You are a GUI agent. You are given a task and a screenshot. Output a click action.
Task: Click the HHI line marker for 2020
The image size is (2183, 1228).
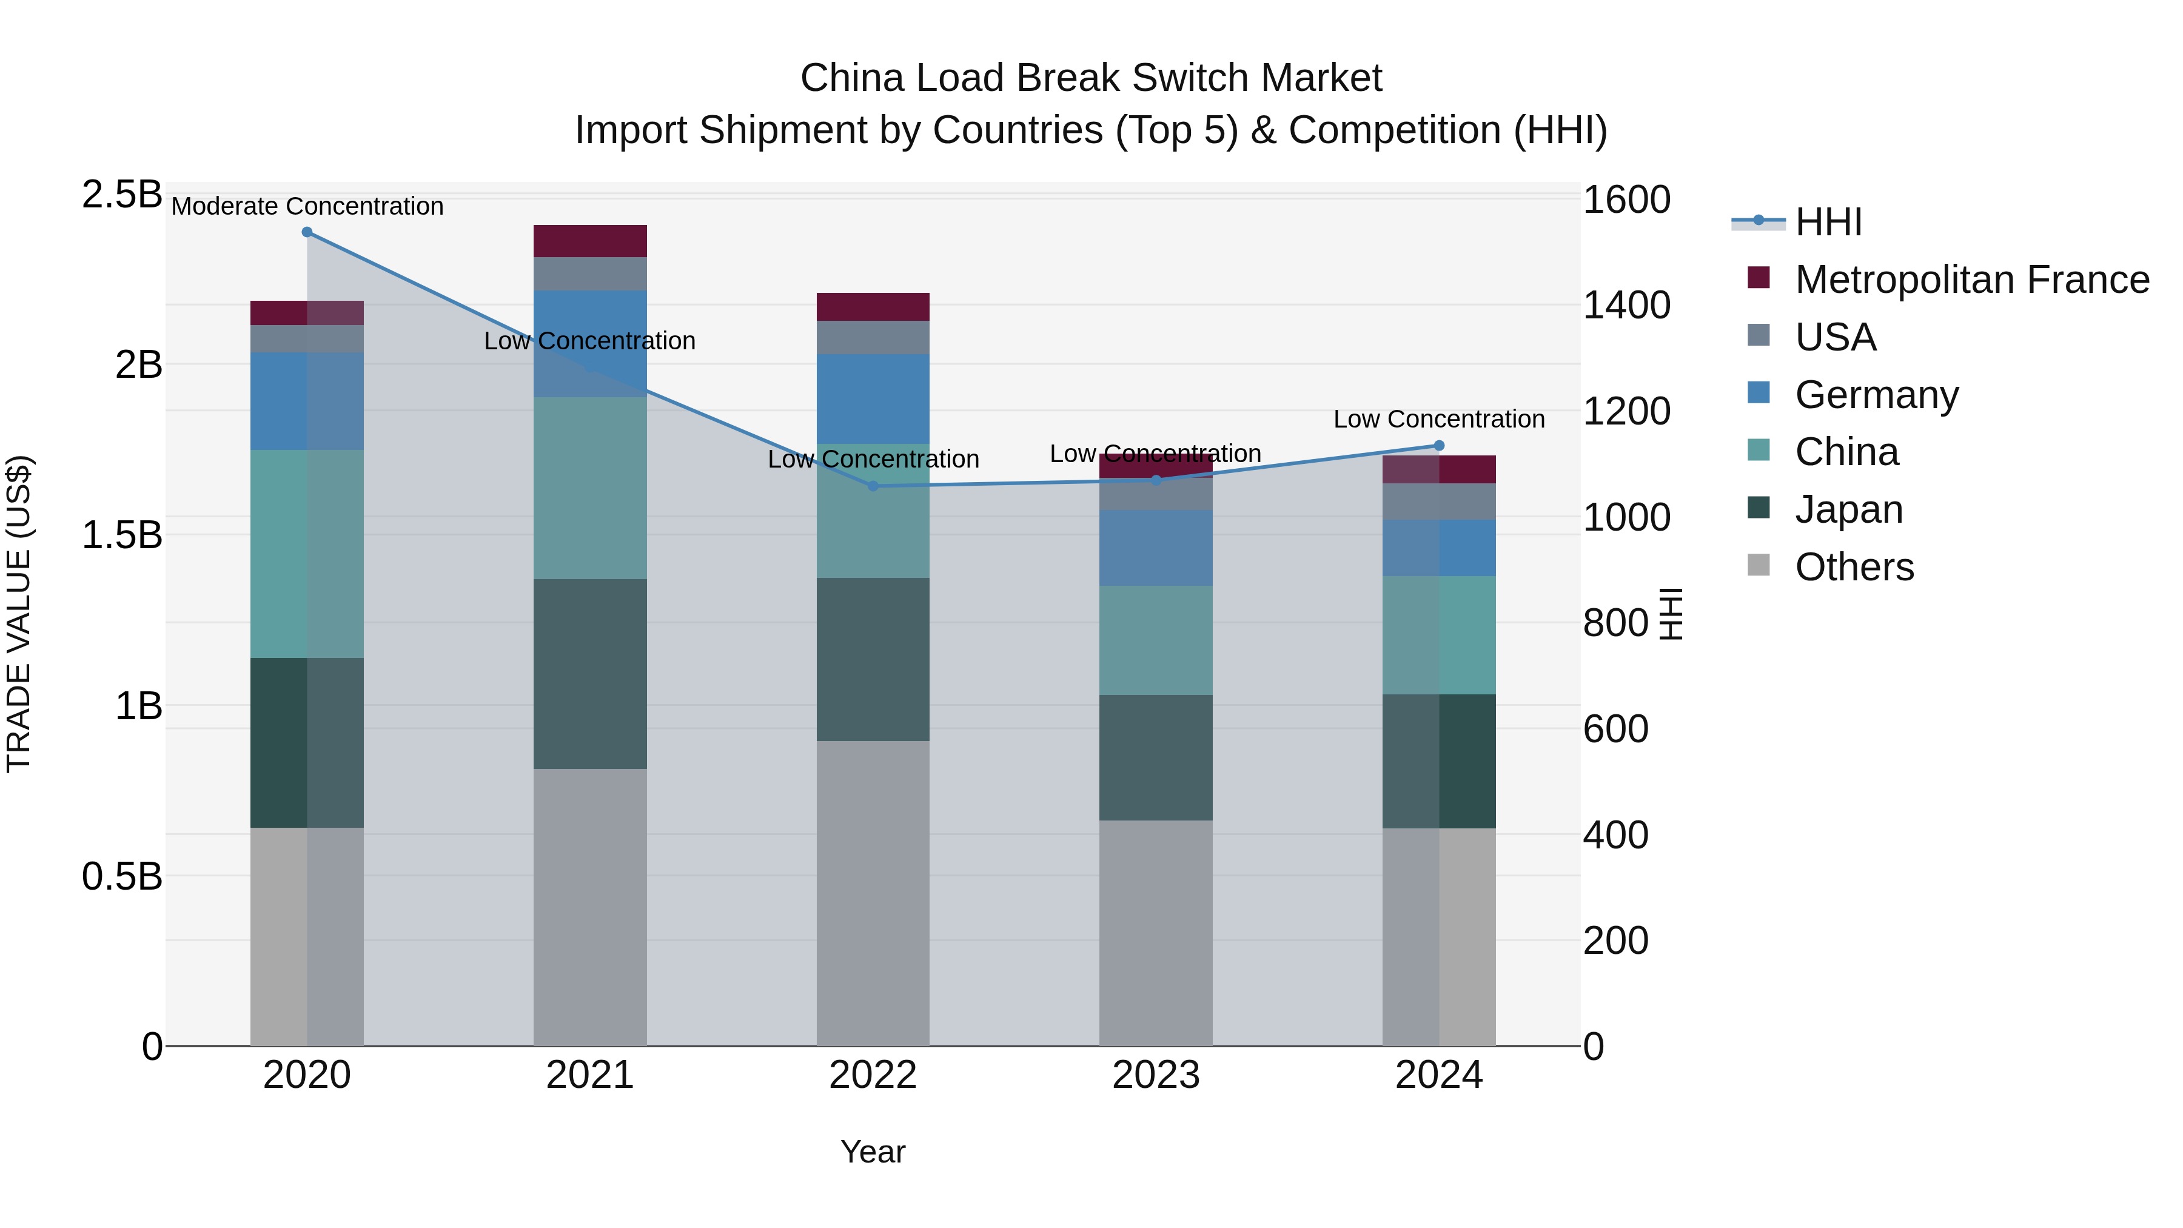tap(307, 232)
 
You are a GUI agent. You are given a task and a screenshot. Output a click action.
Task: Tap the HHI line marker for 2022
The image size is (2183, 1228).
tap(874, 486)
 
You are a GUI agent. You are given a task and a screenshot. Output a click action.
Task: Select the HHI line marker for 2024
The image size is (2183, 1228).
tap(1439, 446)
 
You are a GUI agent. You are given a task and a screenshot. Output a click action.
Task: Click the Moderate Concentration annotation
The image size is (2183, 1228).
tap(307, 206)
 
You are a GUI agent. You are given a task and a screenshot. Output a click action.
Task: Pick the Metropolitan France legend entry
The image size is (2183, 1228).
tap(1971, 280)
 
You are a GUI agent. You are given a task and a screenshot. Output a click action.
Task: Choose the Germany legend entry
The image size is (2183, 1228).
tap(1876, 395)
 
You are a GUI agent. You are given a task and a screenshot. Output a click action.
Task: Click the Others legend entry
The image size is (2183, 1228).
tap(1854, 567)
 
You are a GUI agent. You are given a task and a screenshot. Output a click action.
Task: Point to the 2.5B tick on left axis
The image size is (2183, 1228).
tap(121, 195)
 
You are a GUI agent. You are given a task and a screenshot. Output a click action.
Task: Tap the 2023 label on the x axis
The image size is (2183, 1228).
tap(1156, 1075)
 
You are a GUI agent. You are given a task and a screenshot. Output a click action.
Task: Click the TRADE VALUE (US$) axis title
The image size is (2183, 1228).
tap(19, 614)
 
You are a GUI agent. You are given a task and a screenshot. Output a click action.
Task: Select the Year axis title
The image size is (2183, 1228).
tap(873, 1152)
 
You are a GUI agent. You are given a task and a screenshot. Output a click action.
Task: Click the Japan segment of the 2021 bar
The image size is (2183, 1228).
tap(590, 674)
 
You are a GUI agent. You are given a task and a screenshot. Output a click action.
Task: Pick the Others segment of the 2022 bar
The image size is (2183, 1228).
tap(873, 893)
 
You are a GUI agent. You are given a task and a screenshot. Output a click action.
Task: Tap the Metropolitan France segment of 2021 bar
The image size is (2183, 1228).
tap(590, 241)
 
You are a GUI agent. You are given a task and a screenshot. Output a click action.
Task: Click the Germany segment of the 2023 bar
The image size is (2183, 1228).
tap(1156, 548)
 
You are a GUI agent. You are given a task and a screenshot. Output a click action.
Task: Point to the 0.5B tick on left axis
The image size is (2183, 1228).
tap(121, 876)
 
